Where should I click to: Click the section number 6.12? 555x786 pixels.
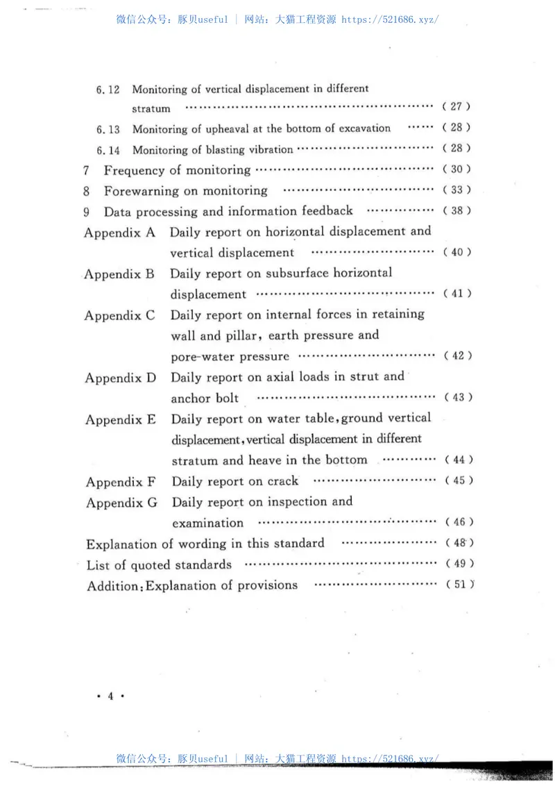point(108,90)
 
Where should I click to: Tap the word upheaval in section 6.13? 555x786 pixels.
point(225,128)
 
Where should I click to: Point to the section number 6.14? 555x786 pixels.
point(109,150)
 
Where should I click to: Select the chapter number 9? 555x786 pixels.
point(87,211)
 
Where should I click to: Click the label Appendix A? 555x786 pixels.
point(119,233)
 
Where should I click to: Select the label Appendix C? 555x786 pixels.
point(120,316)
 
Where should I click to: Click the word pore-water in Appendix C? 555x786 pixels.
point(199,357)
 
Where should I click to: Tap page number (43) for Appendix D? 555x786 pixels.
point(458,398)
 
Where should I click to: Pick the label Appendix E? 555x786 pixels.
point(121,420)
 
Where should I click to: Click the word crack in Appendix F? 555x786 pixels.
point(282,481)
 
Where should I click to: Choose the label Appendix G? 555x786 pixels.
point(122,503)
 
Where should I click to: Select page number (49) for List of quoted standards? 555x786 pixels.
point(459,564)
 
